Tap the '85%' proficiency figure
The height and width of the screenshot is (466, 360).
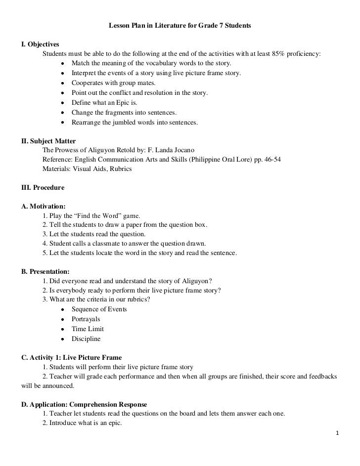[279, 54]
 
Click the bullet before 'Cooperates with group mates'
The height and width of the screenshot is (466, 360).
[62, 83]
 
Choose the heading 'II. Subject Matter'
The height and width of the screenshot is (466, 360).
[48, 140]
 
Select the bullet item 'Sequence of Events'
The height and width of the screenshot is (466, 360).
[99, 309]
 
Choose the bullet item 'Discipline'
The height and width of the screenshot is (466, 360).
[86, 339]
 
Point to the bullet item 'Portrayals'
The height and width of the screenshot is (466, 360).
[86, 319]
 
